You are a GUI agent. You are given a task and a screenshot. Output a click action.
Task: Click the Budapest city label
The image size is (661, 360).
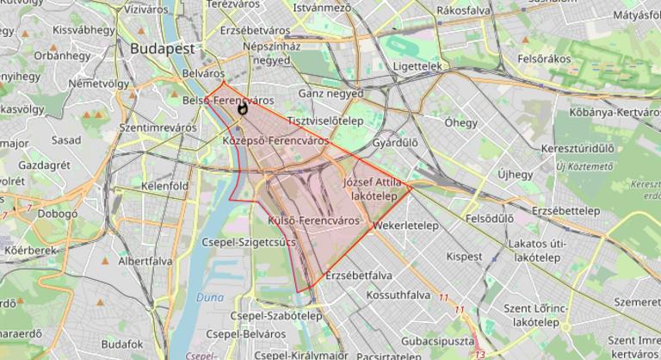point(163,49)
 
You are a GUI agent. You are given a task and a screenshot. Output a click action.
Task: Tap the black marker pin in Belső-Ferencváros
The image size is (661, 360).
point(243,108)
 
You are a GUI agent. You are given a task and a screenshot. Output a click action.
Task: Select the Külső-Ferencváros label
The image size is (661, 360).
point(313,220)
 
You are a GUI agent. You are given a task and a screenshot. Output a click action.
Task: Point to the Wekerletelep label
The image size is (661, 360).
point(406,226)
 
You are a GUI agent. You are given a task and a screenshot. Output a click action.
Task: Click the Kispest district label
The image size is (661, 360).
point(465,256)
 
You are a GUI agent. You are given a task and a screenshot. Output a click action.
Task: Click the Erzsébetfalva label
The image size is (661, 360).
point(360,276)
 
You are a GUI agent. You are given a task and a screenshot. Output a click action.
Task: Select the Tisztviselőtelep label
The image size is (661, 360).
point(324,121)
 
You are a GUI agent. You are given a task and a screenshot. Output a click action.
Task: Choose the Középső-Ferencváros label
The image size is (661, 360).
point(275,139)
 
